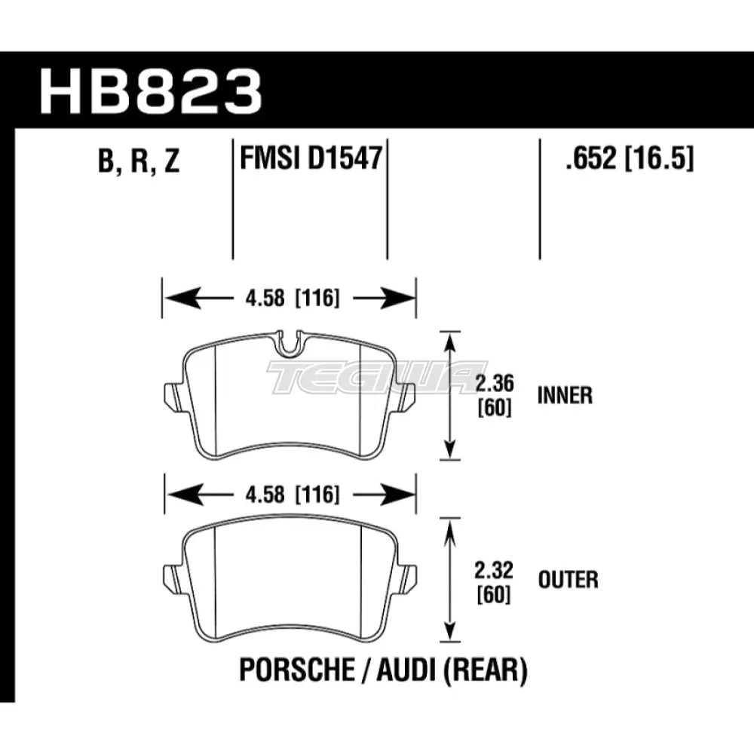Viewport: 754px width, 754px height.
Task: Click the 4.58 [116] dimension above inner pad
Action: (x=289, y=299)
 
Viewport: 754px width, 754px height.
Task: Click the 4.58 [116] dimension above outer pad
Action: (x=289, y=495)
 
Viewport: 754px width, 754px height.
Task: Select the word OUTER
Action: (x=567, y=580)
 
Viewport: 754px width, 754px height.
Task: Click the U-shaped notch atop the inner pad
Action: (x=289, y=344)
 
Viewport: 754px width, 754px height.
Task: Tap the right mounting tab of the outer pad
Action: (x=406, y=578)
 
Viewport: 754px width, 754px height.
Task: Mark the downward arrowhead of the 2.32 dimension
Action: (x=450, y=632)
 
